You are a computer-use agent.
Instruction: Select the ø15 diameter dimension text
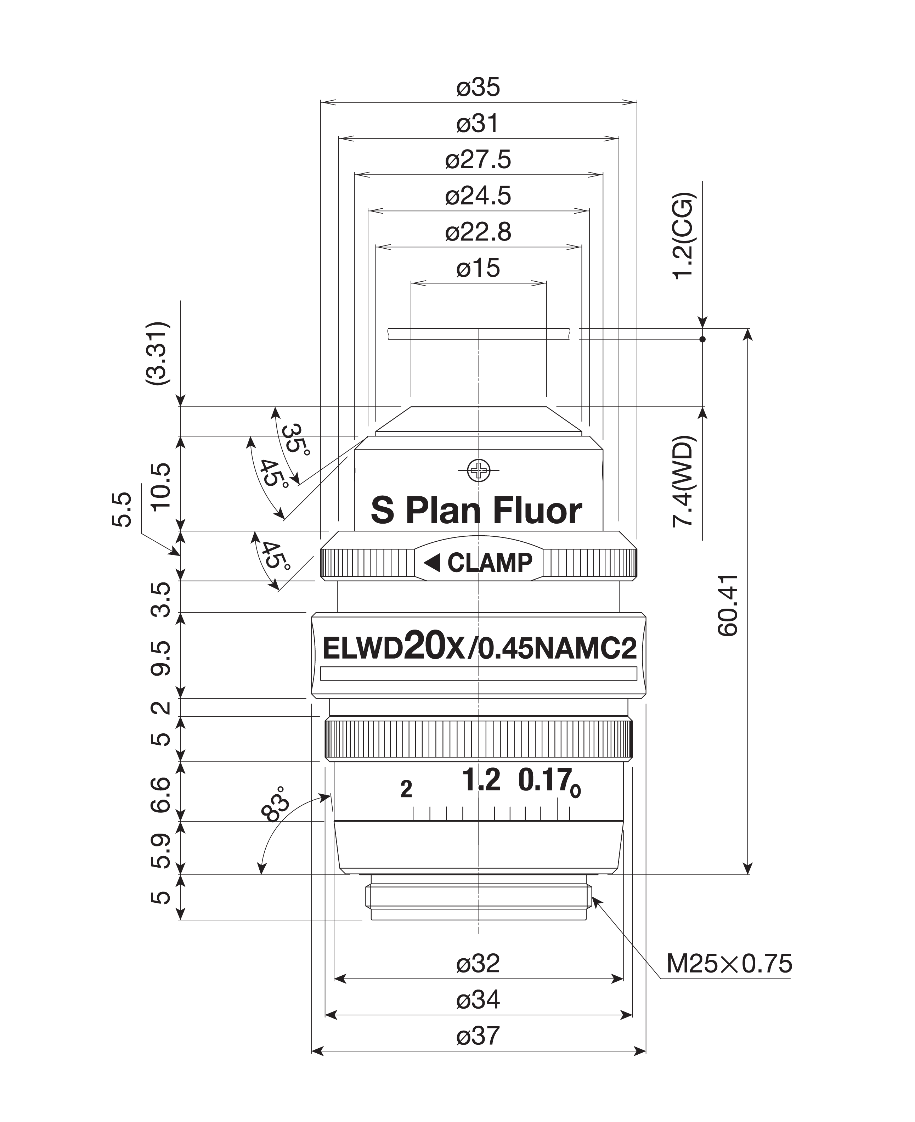click(478, 268)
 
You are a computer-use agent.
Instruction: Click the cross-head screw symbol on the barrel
click(479, 470)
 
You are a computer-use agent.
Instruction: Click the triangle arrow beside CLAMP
click(432, 563)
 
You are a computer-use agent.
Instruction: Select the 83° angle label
click(275, 804)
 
